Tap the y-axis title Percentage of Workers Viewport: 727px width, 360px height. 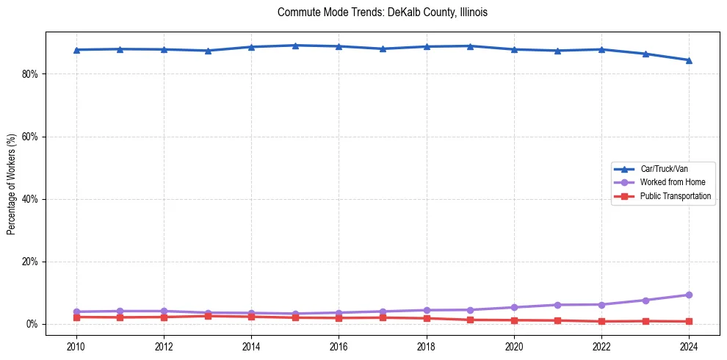[x=12, y=184]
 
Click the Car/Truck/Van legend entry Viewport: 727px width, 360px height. [x=664, y=169]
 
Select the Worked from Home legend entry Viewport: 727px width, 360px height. [x=668, y=182]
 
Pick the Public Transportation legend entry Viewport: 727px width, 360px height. [x=675, y=196]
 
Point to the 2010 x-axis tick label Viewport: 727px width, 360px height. [x=76, y=345]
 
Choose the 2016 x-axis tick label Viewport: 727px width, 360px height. [x=339, y=345]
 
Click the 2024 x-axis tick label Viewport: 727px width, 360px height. [x=689, y=345]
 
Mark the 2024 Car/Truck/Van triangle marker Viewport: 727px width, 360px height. [x=689, y=60]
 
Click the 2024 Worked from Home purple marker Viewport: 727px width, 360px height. [x=689, y=295]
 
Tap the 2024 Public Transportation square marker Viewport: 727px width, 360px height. [x=689, y=321]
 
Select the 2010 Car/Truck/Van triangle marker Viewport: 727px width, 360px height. [x=76, y=50]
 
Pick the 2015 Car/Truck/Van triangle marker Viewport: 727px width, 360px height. [x=295, y=46]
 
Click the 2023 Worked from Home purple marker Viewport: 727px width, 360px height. [x=645, y=300]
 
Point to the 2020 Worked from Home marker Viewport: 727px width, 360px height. [x=514, y=307]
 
